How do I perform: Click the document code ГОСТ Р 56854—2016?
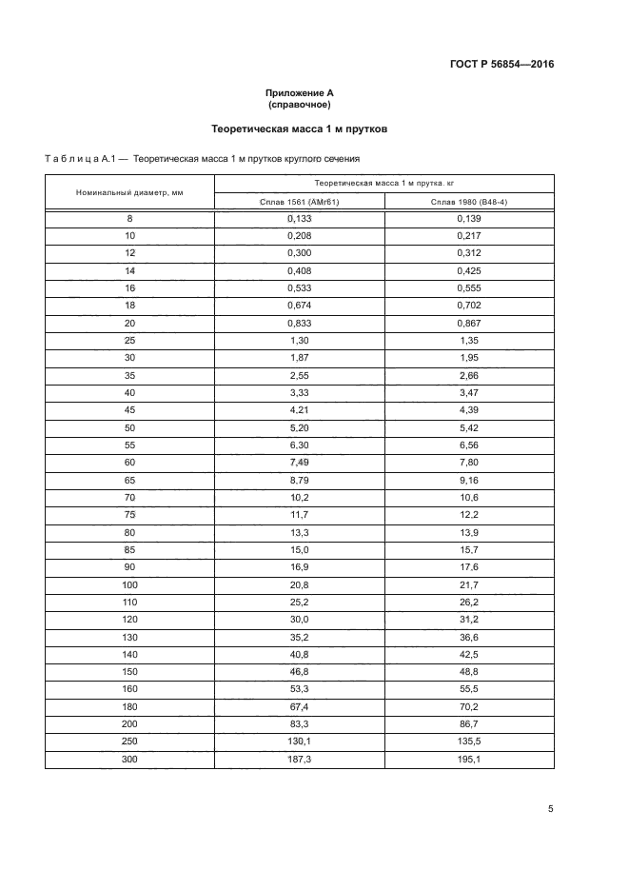(501, 65)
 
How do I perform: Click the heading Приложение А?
(299, 92)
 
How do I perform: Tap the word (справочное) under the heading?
(299, 105)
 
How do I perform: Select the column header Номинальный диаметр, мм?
(129, 192)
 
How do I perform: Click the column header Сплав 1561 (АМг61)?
(299, 202)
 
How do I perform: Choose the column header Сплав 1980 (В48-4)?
(468, 202)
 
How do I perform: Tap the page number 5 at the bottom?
(550, 809)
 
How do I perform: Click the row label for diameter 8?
(129, 218)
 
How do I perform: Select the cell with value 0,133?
(299, 218)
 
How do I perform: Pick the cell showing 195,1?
(468, 759)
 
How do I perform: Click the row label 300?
(129, 759)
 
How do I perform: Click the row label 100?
(129, 585)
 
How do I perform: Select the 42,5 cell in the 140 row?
(468, 655)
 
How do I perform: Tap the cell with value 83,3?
(299, 724)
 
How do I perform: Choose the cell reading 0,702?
(468, 305)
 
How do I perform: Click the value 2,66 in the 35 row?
(468, 374)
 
